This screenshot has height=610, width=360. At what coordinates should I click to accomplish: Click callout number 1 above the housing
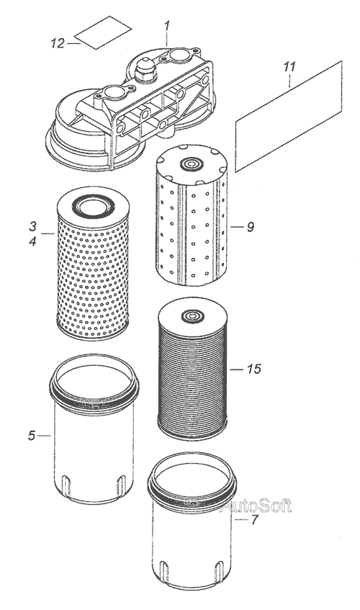coord(167,27)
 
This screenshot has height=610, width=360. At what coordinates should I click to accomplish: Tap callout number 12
coord(57,42)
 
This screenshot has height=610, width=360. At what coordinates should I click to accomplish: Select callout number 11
coord(289,66)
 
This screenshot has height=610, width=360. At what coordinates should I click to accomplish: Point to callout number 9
coord(251,227)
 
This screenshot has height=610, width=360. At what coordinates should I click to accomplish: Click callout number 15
coord(254,369)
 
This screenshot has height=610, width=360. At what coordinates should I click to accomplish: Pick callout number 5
coord(32,435)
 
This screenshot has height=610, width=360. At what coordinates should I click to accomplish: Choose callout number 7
coord(254,519)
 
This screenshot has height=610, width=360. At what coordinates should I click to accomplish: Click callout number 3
coord(32,226)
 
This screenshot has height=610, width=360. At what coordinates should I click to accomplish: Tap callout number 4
coord(32,241)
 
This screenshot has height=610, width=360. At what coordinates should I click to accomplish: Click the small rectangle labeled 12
coord(103,32)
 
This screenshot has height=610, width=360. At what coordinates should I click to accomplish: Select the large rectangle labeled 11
coord(289,116)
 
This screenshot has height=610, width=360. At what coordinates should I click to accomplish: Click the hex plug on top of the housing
coord(145,69)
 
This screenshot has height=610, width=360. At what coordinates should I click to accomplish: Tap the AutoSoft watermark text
coord(256,506)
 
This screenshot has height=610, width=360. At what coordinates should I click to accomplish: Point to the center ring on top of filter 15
coord(192,315)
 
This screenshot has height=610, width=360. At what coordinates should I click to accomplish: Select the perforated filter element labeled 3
coord(93,264)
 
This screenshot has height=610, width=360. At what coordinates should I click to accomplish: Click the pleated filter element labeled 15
coord(192,369)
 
